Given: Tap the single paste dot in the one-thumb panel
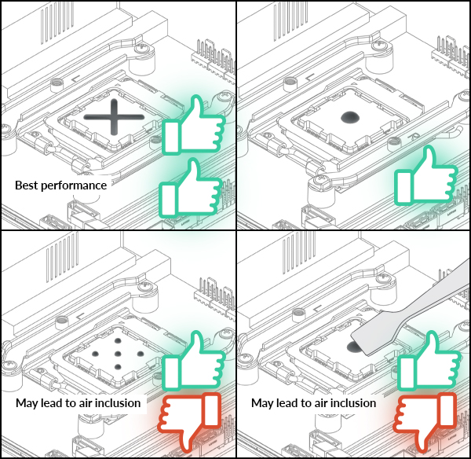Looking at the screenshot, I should (x=349, y=119).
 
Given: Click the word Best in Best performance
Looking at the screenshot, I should (x=29, y=185).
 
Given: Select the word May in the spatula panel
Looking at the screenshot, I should (x=263, y=403).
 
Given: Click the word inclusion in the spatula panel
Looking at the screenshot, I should (x=352, y=403).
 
